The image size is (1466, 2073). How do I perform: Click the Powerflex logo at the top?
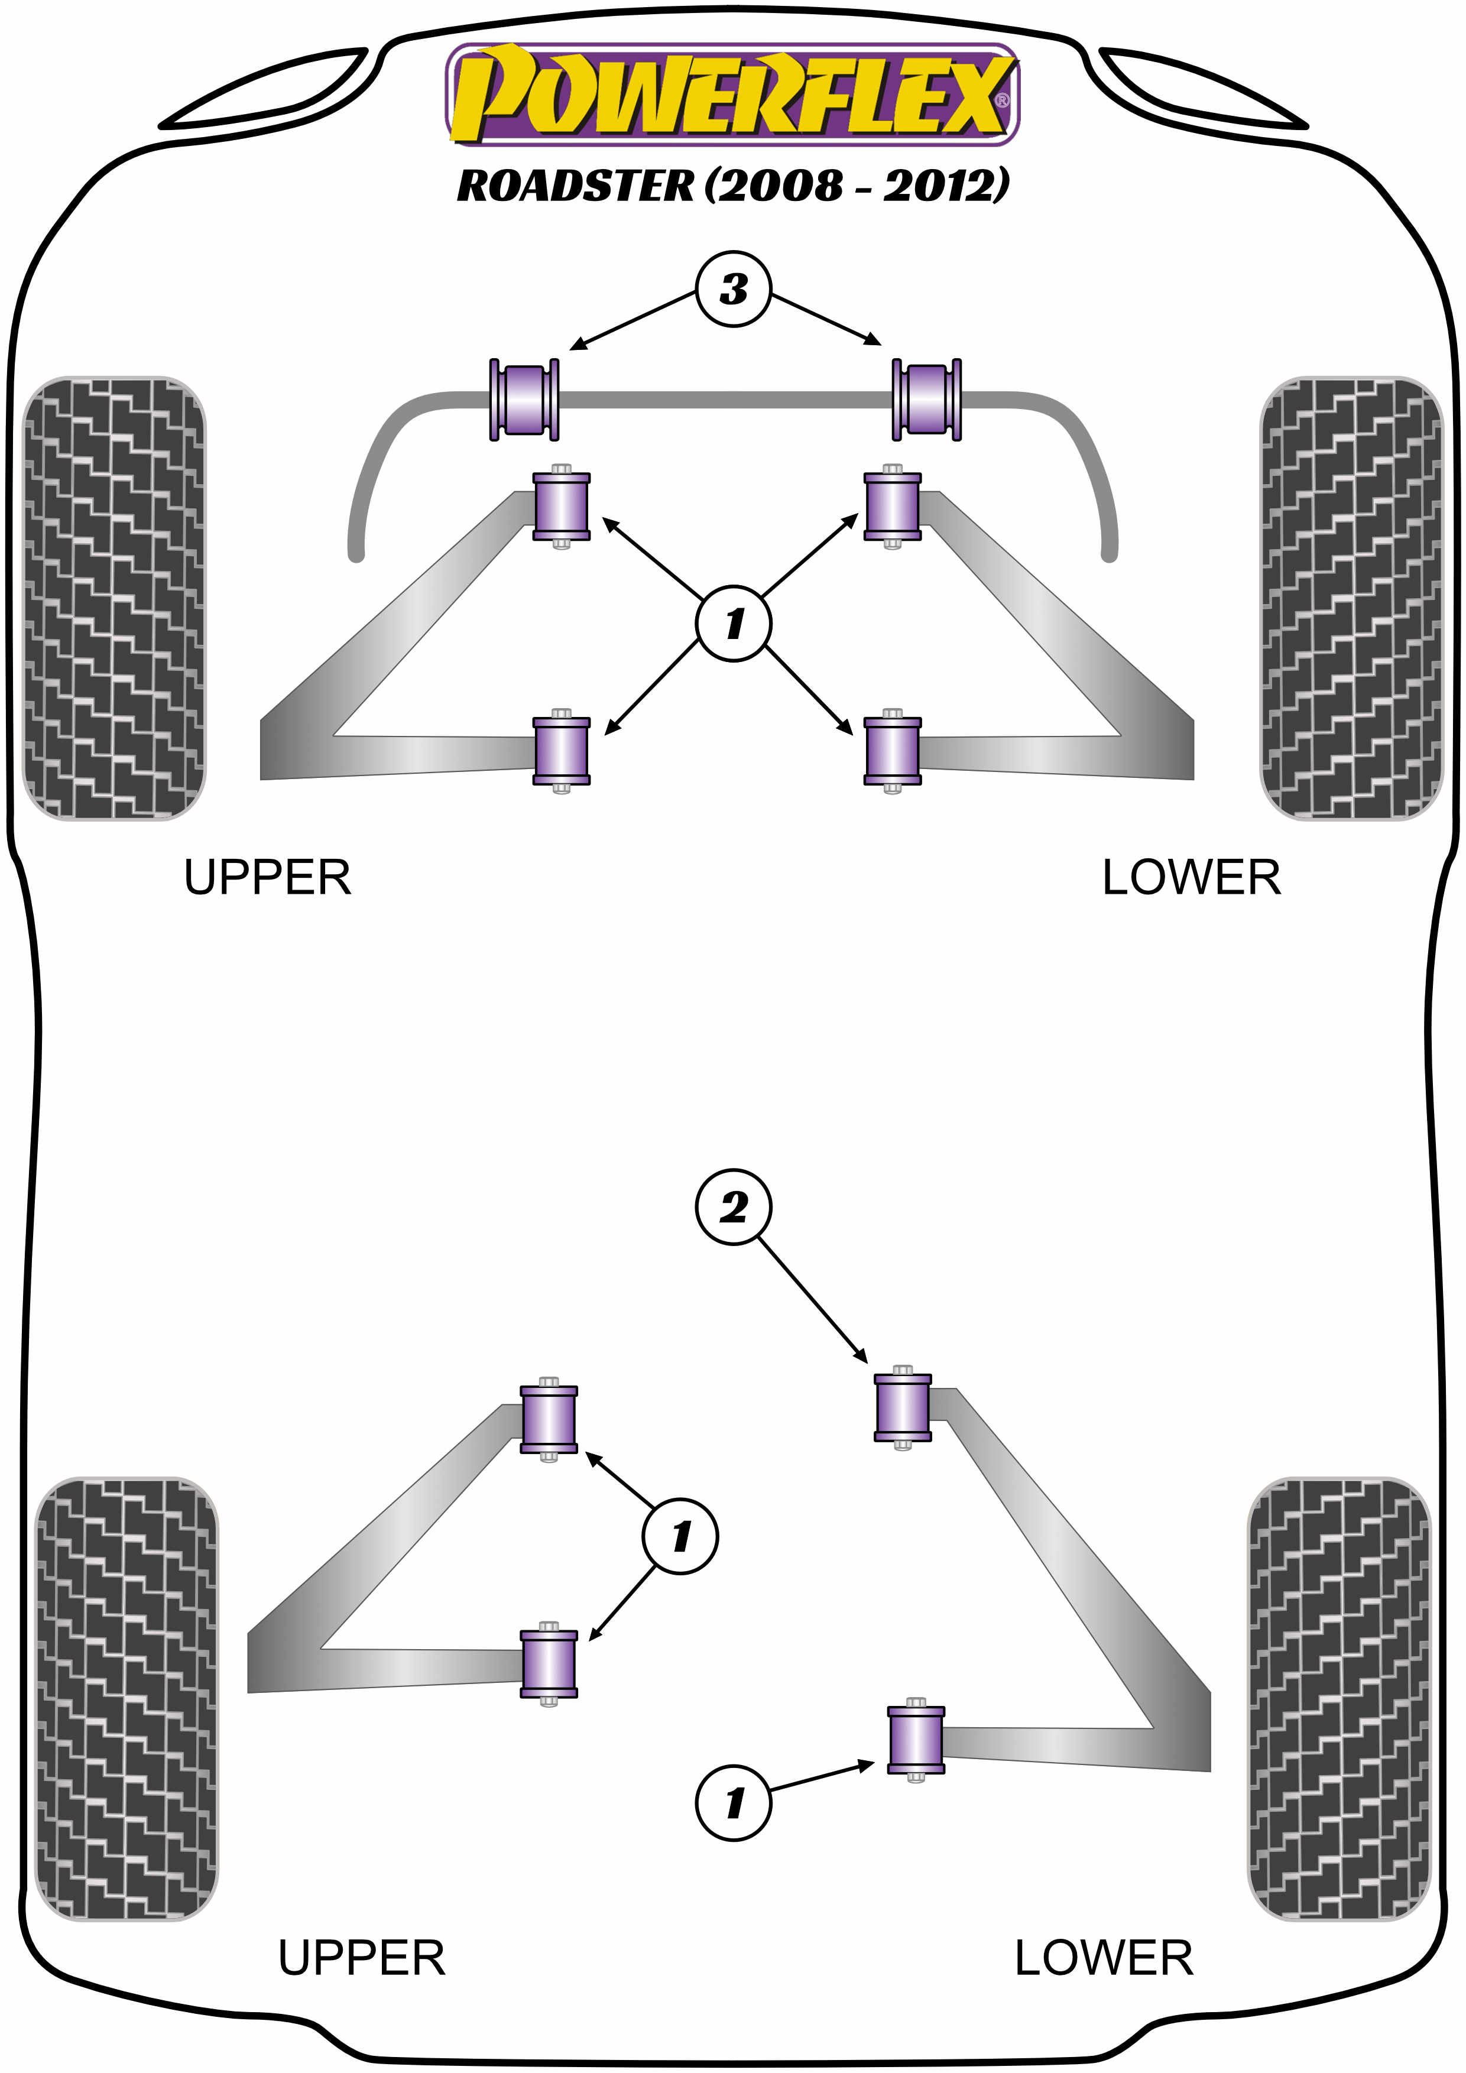[x=731, y=95]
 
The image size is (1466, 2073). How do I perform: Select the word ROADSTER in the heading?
[x=576, y=186]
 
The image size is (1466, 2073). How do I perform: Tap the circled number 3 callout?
[x=733, y=289]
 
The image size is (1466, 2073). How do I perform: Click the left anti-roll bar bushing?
[x=524, y=399]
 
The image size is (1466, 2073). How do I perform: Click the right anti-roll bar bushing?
[x=927, y=399]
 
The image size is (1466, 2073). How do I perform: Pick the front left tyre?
[x=113, y=598]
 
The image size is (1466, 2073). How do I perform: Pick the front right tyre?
[x=1351, y=598]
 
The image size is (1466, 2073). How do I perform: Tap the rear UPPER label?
[x=361, y=1958]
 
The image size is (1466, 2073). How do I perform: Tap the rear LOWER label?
[x=1103, y=1958]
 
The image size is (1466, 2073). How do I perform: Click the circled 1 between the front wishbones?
[x=733, y=623]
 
